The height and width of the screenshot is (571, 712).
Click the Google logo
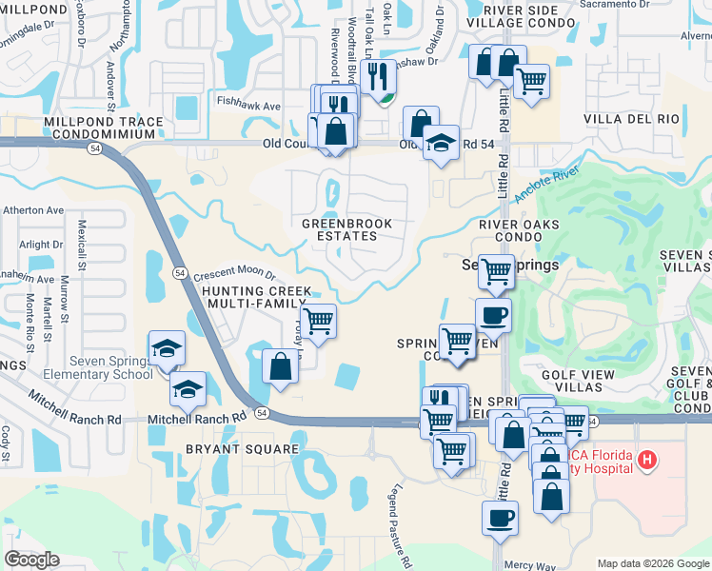tap(32, 560)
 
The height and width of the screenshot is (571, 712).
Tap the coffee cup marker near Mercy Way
tap(500, 520)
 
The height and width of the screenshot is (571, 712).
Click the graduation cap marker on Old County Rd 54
tap(441, 145)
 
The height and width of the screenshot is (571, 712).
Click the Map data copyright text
tap(653, 562)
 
